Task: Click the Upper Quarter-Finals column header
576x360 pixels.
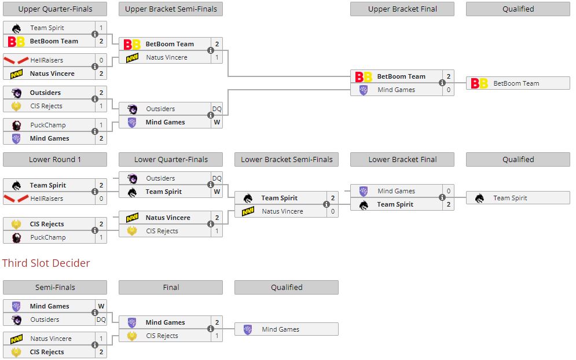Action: point(55,9)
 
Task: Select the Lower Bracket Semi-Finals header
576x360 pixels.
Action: point(287,160)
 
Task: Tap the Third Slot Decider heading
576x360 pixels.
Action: point(46,263)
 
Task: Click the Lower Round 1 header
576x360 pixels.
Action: point(55,160)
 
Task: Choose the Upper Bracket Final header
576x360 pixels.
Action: point(402,9)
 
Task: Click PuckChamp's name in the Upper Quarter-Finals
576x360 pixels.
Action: point(48,125)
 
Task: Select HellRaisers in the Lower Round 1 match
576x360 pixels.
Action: point(47,199)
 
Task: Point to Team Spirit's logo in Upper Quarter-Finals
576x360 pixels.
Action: point(16,28)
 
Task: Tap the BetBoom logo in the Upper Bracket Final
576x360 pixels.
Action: point(364,76)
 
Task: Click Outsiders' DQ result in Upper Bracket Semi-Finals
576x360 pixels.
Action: point(217,109)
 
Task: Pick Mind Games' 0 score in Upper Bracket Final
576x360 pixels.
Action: point(448,90)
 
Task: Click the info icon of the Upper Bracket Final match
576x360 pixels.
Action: point(442,83)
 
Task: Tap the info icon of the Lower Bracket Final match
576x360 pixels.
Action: point(442,197)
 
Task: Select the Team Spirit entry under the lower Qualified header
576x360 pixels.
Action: point(510,198)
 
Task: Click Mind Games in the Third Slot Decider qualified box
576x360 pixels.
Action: point(280,329)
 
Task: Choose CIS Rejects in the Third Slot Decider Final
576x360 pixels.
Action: point(162,336)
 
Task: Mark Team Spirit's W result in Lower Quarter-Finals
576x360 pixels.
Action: point(217,192)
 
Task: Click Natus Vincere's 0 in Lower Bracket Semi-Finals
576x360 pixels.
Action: point(332,211)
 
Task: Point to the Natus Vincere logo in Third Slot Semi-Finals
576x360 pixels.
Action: point(16,339)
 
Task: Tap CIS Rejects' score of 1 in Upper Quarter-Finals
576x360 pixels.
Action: point(101,106)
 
